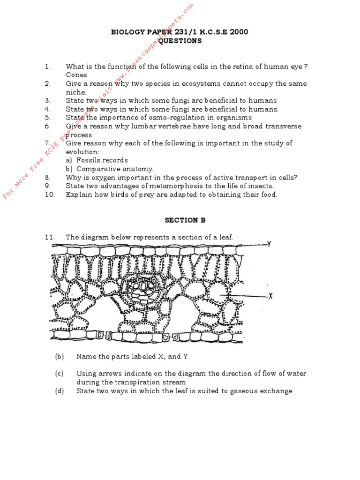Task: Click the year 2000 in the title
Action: (239, 32)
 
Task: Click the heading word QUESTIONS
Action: (180, 41)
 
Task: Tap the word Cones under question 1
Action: (76, 75)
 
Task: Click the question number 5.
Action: (48, 118)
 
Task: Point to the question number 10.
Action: (50, 195)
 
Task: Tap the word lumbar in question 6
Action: (147, 126)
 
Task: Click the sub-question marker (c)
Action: (59, 374)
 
